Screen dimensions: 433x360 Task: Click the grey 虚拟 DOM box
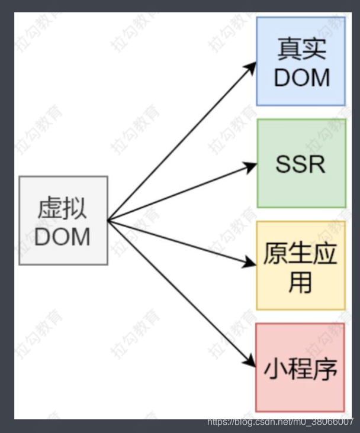click(63, 220)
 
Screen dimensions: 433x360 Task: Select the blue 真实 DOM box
click(301, 62)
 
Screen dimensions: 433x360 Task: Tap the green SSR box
click(301, 163)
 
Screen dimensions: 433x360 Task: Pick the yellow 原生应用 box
click(301, 266)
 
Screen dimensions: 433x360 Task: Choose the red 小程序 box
click(300, 367)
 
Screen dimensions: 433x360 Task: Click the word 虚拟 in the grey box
click(63, 209)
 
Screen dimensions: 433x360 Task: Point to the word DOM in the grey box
click(63, 237)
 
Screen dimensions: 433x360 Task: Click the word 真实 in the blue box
click(301, 50)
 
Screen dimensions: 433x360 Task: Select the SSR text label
click(301, 164)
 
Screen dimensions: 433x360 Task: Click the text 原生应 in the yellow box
click(301, 254)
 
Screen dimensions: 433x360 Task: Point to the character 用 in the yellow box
click(300, 282)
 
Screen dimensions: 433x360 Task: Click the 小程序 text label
click(301, 369)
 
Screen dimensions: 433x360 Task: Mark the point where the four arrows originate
click(108, 220)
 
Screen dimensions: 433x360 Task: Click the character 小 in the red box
click(276, 369)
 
